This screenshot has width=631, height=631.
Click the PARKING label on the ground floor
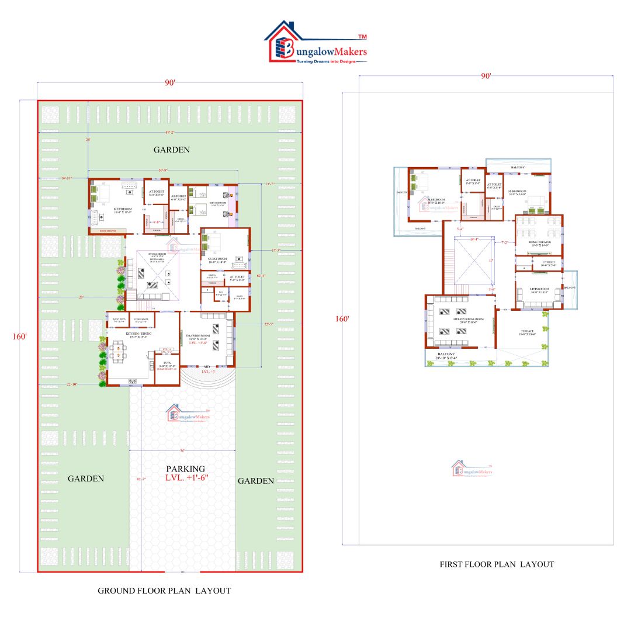[185, 469]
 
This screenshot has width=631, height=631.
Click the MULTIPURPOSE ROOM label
[453, 320]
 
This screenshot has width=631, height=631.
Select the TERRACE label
[526, 331]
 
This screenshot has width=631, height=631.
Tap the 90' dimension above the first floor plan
[486, 75]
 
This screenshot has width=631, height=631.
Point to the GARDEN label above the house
[171, 150]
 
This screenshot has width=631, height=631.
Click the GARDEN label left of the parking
[85, 479]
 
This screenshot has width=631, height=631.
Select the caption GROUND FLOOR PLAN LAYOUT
[164, 591]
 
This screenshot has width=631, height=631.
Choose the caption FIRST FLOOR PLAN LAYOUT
[497, 564]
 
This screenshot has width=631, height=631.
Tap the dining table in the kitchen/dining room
[119, 353]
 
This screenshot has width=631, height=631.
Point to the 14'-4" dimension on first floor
[474, 239]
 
